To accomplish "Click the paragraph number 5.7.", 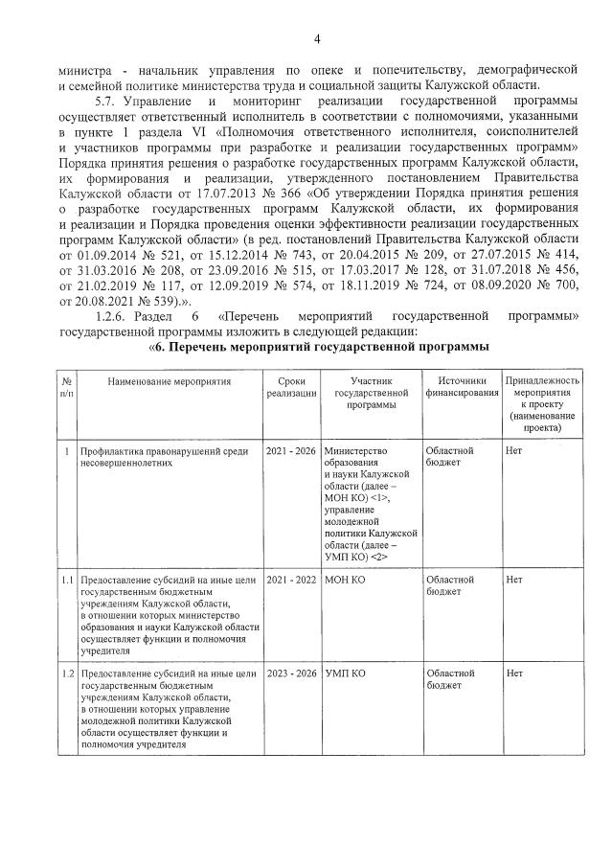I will tap(106, 101).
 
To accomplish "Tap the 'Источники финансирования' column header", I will tap(462, 387).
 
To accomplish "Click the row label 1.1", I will tap(66, 580).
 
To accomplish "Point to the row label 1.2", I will tap(66, 674).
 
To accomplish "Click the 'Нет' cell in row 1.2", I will tap(513, 674).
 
